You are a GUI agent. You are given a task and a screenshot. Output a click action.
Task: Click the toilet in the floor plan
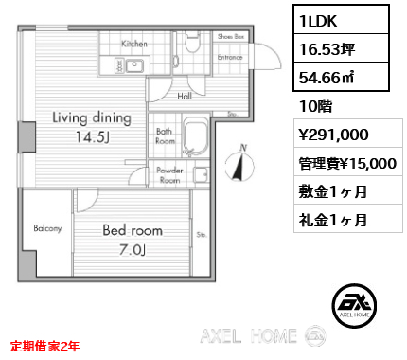coord(192,42)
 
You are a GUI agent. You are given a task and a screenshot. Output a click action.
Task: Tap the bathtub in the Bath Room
coord(196,137)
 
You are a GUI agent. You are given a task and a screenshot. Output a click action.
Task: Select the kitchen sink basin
coord(134,65)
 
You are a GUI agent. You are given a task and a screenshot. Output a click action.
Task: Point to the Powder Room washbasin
coord(201,174)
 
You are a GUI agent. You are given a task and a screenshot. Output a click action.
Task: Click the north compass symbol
coord(239,163)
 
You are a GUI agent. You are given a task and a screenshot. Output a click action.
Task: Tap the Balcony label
coord(47,228)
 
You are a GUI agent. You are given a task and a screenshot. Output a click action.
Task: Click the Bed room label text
coord(133,230)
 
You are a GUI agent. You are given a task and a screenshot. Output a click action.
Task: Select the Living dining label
coord(92,118)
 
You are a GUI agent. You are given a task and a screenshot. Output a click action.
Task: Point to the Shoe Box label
coord(231,37)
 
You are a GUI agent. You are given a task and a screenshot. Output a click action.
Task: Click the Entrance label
coord(230,57)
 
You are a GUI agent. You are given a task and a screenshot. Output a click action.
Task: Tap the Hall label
coord(185,96)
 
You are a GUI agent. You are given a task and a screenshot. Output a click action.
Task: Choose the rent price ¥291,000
coord(333,135)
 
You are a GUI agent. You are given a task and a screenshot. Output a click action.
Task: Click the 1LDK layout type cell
coord(341,20)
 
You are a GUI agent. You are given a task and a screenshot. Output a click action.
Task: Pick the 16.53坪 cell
coord(327,49)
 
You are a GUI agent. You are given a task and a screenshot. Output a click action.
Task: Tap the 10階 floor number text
coord(315,106)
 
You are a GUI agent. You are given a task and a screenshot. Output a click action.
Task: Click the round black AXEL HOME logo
coord(354,306)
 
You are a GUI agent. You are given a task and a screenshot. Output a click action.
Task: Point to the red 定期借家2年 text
coord(44,346)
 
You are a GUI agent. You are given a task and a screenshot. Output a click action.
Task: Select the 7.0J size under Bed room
coord(133,250)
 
